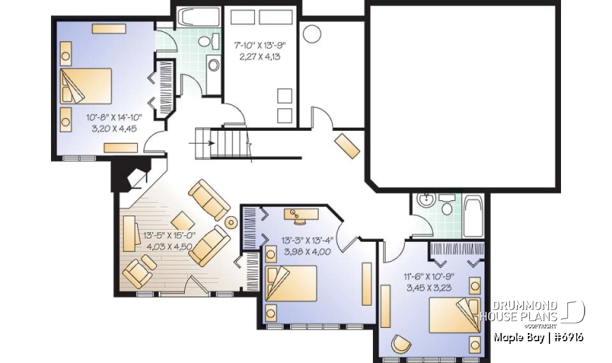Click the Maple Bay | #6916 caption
pos(539,336)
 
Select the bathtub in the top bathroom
pos(198,16)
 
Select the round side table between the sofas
pos(231,223)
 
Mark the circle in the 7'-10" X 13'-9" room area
pos(312,33)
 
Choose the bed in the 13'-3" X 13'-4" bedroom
pos(291,283)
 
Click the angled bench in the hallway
pos(348,146)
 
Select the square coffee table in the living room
pos(180,218)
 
